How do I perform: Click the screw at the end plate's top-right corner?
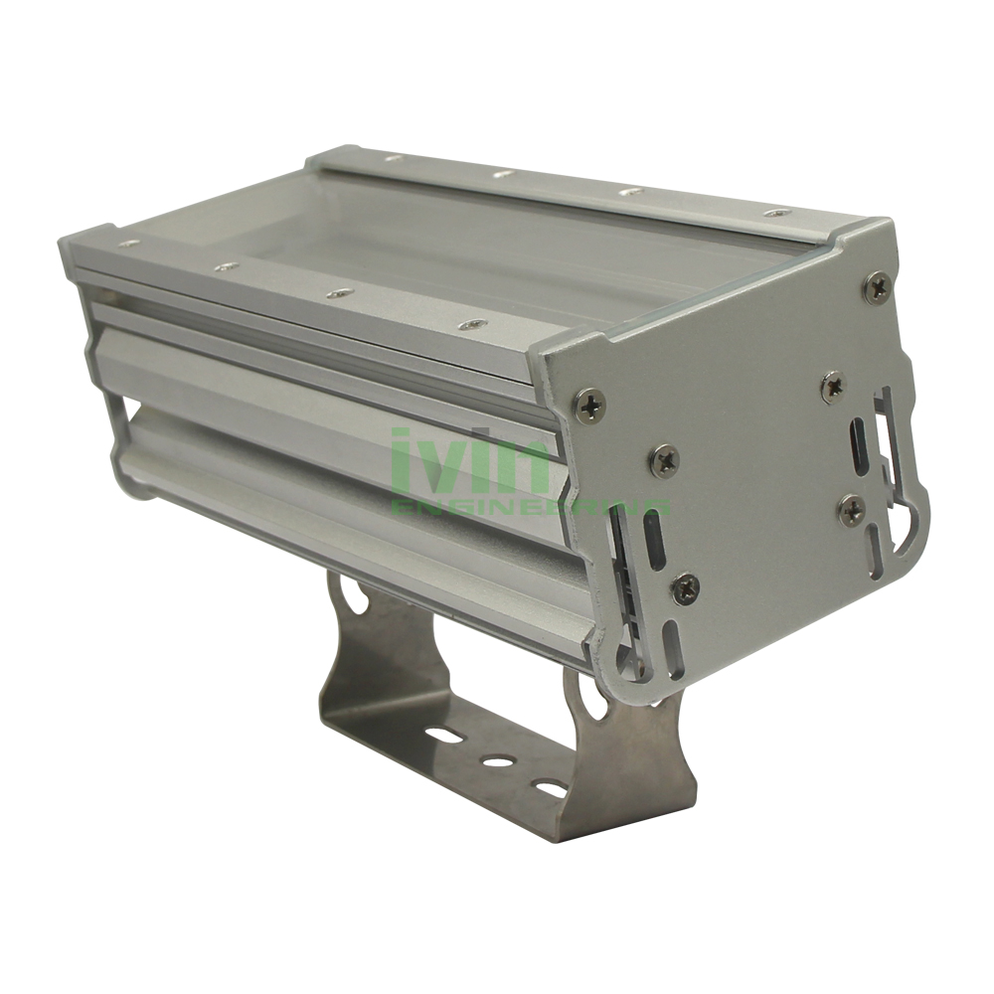click(x=877, y=287)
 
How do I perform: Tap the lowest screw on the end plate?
click(x=685, y=587)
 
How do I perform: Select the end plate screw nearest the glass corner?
click(x=589, y=405)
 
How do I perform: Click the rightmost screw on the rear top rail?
click(x=777, y=212)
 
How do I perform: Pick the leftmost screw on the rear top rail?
click(x=393, y=157)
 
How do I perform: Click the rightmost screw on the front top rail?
click(x=472, y=324)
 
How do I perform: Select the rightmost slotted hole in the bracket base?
click(x=550, y=788)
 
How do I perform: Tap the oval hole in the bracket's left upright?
click(x=352, y=596)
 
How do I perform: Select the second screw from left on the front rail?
click(x=226, y=266)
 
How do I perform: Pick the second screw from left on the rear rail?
click(x=504, y=174)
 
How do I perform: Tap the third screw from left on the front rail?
click(x=340, y=293)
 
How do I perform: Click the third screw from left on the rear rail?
click(x=628, y=191)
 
